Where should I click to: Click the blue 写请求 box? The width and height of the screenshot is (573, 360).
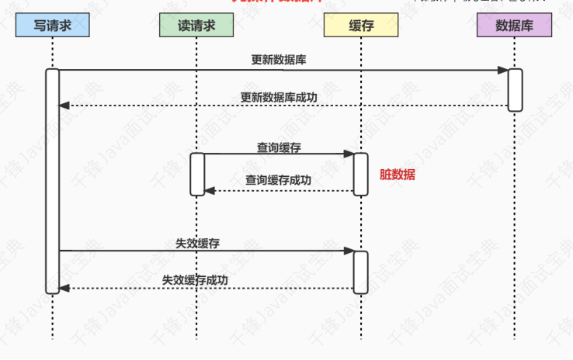(x=53, y=26)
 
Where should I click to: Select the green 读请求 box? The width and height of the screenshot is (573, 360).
(x=196, y=26)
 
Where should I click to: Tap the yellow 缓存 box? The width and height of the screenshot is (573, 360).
(x=361, y=26)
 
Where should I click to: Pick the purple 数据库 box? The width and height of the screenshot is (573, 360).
(x=515, y=26)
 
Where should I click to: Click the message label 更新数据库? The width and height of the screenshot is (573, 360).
(x=273, y=60)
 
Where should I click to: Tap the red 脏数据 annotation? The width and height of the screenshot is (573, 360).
(x=398, y=175)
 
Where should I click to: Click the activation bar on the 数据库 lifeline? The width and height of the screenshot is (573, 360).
(x=515, y=90)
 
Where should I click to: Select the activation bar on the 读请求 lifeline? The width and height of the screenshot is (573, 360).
(x=197, y=174)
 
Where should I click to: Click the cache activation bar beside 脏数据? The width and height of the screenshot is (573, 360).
(x=361, y=174)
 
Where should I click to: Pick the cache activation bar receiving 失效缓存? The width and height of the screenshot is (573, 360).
(x=361, y=272)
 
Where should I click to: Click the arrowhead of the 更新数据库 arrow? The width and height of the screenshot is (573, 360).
(x=504, y=71)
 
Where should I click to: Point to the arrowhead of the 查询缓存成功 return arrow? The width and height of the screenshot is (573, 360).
(x=209, y=190)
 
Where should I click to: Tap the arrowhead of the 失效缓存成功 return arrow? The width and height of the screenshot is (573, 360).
(x=64, y=289)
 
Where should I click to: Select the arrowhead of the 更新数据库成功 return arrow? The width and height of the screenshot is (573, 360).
(x=64, y=106)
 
